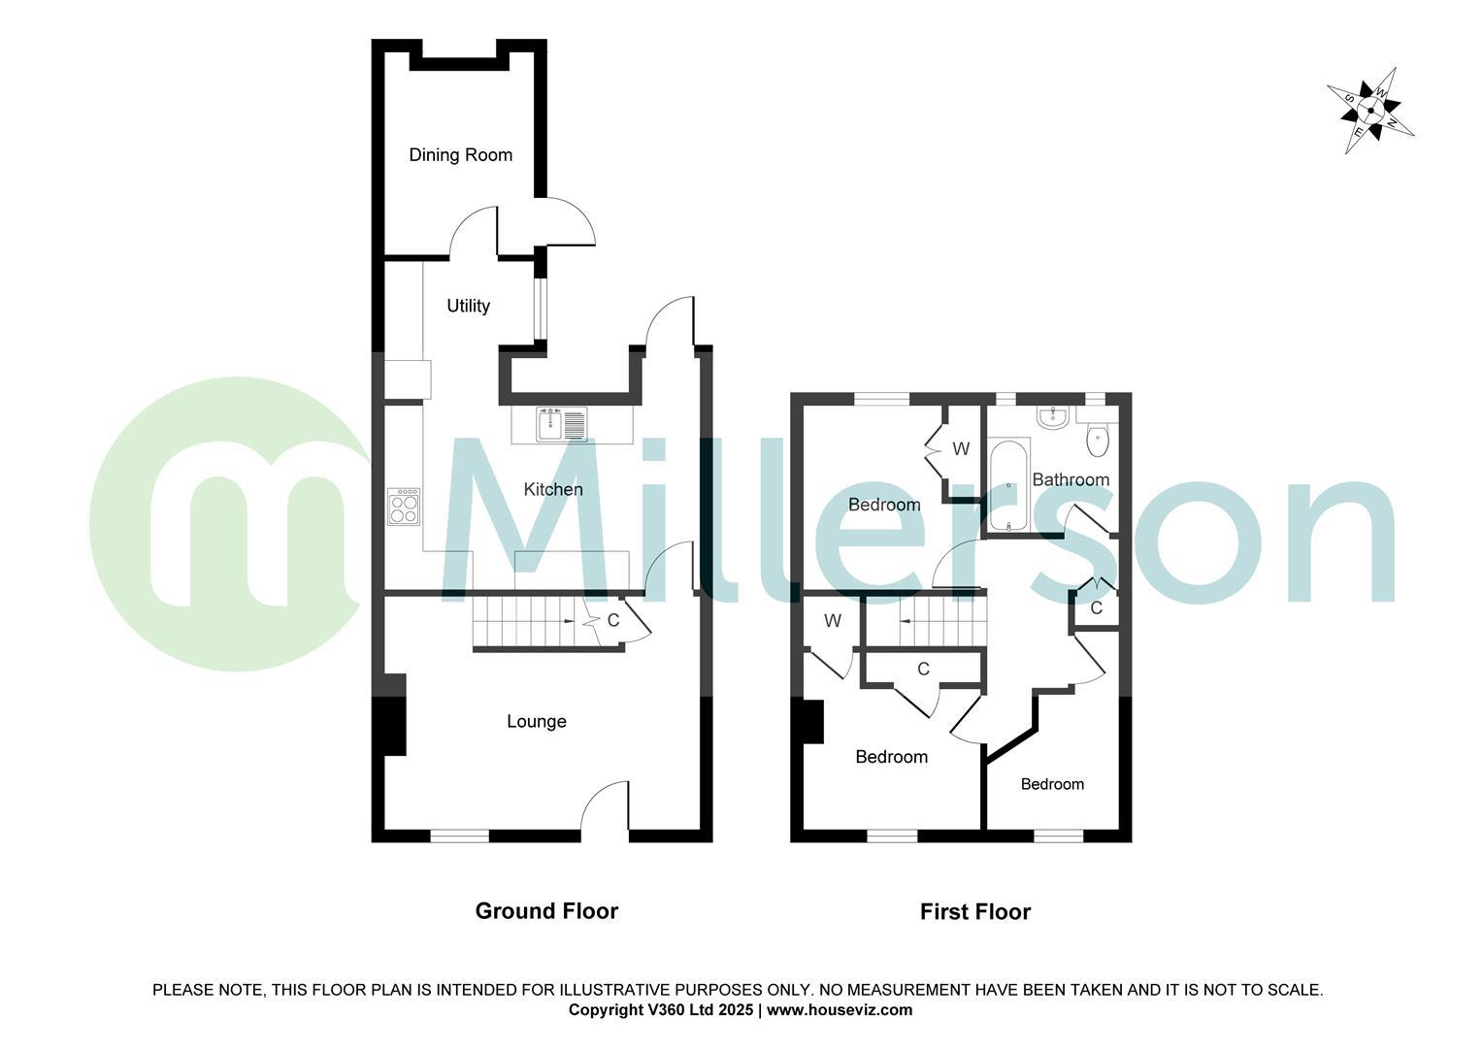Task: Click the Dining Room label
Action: (x=460, y=155)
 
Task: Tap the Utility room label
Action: (x=468, y=306)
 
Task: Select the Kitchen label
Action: (x=553, y=489)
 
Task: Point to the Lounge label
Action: (x=537, y=721)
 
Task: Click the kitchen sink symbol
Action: (x=562, y=424)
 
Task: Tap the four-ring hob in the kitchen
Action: (x=404, y=506)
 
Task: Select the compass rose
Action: (x=1370, y=110)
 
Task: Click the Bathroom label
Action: (x=1071, y=479)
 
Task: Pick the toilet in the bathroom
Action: (x=1098, y=438)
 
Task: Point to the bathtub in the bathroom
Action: (x=1009, y=486)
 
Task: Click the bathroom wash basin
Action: (x=1052, y=417)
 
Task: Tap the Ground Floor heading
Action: (x=546, y=910)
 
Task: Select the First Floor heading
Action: (x=975, y=912)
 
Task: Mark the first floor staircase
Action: (x=926, y=620)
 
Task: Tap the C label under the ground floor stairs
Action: (x=613, y=619)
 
